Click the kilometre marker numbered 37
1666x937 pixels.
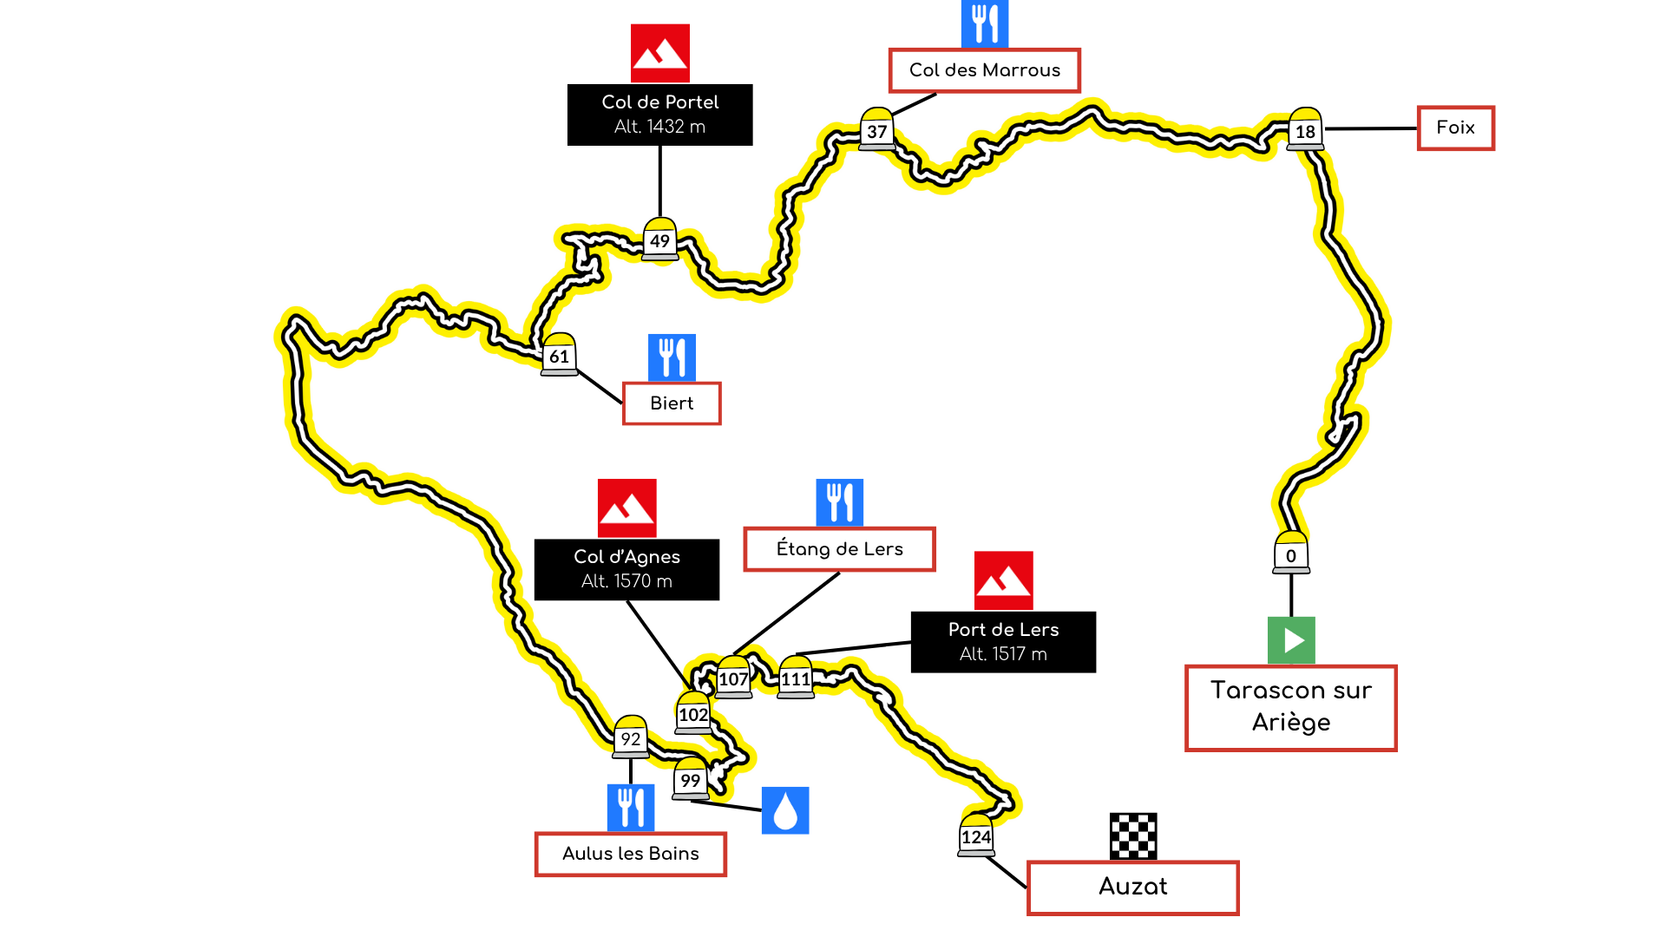click(x=876, y=130)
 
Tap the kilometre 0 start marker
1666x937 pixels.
click(x=1291, y=554)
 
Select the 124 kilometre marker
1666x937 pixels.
click(x=976, y=836)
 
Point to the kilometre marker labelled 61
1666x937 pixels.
click(x=559, y=355)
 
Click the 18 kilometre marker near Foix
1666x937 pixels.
click(x=1305, y=130)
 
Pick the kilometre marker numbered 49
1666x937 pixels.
click(x=660, y=239)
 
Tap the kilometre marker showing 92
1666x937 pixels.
click(x=631, y=737)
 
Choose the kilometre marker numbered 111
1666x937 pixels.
click(x=796, y=678)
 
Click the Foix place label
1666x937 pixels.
click(x=1455, y=128)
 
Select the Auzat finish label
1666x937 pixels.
click(x=1132, y=887)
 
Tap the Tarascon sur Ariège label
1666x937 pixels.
click(x=1290, y=707)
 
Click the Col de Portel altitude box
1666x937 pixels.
click(x=659, y=115)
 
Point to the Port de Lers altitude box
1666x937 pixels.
click(x=1003, y=642)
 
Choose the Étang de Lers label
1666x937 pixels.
click(x=839, y=549)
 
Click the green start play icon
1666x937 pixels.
click(x=1291, y=640)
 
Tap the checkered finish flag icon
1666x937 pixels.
click(x=1133, y=836)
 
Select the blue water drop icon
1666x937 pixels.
click(x=785, y=810)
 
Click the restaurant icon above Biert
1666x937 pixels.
click(x=672, y=357)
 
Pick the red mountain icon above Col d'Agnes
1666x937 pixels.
click(x=626, y=508)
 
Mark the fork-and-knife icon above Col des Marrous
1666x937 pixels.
click(x=985, y=23)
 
